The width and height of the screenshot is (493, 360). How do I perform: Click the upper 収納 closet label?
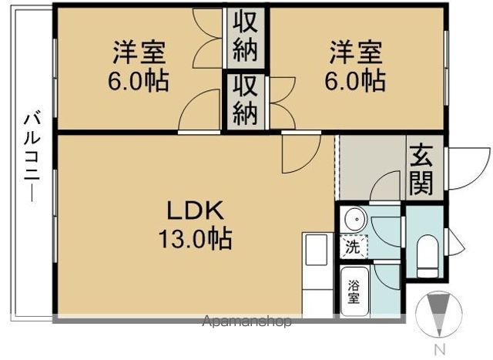[246, 38]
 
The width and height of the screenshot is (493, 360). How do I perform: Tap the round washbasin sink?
[354, 220]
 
